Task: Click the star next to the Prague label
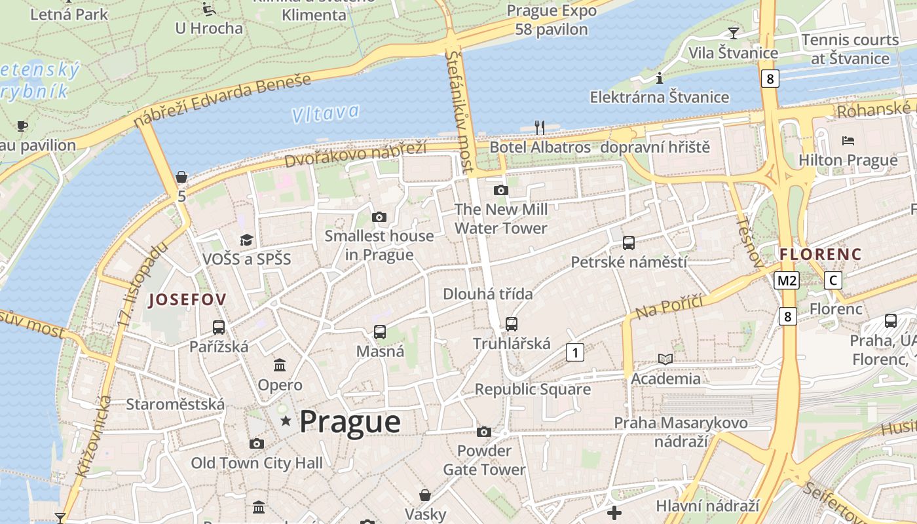(x=286, y=421)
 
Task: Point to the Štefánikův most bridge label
(x=458, y=112)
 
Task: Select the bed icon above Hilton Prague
(x=848, y=141)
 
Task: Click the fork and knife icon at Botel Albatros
(x=540, y=127)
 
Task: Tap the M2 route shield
(x=786, y=281)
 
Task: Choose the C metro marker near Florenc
(x=833, y=280)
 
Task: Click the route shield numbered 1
(x=574, y=352)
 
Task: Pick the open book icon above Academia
(x=665, y=359)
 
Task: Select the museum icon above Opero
(x=280, y=365)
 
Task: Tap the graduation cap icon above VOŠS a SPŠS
(x=246, y=240)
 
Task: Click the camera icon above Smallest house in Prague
(x=379, y=217)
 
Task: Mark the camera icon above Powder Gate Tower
(x=484, y=432)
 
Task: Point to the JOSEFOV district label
(x=187, y=300)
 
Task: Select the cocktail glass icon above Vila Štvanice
(x=733, y=33)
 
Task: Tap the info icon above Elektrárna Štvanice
(x=660, y=78)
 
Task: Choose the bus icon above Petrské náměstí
(x=629, y=243)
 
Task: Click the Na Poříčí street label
(x=669, y=307)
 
